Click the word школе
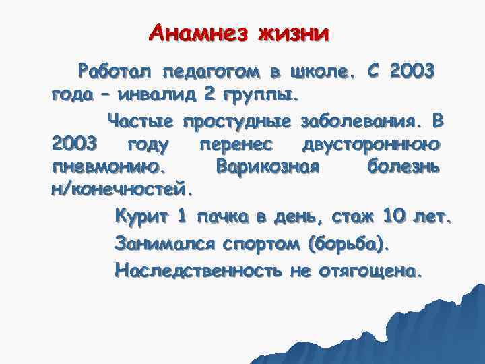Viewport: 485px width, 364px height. coord(320,70)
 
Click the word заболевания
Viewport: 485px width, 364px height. coord(360,121)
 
